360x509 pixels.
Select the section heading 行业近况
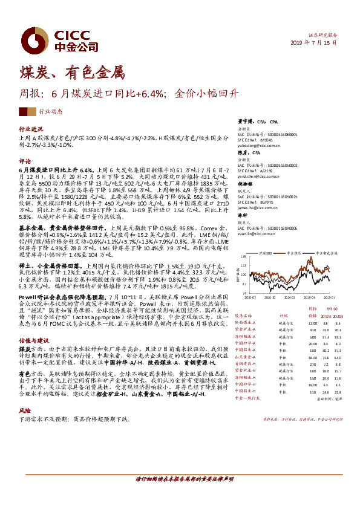point(31,129)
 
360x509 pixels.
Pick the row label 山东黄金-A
point(250,374)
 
